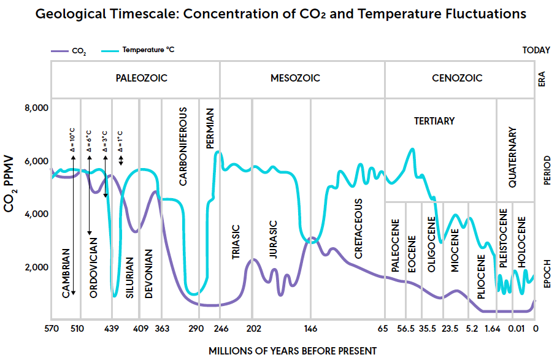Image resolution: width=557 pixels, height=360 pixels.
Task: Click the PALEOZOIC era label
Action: pyautogui.click(x=142, y=78)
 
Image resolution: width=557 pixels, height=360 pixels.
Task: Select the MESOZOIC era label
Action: pyautogui.click(x=295, y=78)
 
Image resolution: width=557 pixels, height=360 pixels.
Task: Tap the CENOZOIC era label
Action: pyautogui.click(x=457, y=78)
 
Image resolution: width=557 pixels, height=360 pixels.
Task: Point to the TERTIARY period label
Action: pyautogui.click(x=434, y=121)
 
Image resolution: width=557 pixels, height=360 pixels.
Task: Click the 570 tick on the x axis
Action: pyautogui.click(x=52, y=329)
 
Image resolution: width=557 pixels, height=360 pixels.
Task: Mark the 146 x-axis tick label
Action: pyautogui.click(x=310, y=329)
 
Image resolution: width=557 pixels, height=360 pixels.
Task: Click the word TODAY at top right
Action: pyautogui.click(x=536, y=50)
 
